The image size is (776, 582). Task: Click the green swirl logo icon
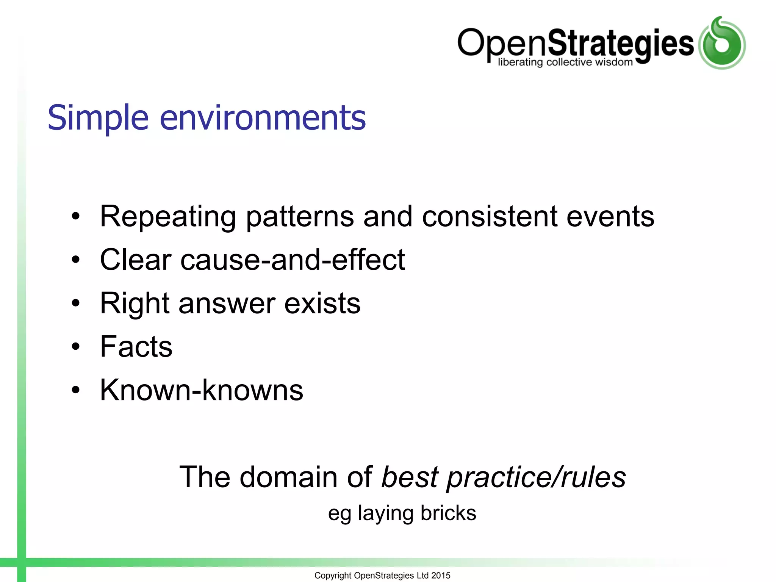pos(722,43)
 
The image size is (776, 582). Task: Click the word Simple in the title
pos(98,118)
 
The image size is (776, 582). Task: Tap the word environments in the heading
pos(263,118)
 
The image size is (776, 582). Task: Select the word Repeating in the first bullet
pos(168,217)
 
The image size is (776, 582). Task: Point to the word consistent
pos(490,217)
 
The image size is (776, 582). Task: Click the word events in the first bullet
pos(610,217)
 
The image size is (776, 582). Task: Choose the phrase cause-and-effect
pos(293,260)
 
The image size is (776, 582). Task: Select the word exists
pos(322,304)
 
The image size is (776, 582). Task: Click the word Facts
pos(136,347)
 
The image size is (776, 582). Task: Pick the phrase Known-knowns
pos(201,390)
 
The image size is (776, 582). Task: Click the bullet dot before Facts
pos(76,347)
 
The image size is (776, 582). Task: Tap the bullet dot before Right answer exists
pos(76,303)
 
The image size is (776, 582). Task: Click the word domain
pos(288,477)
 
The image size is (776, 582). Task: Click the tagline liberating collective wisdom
pos(565,62)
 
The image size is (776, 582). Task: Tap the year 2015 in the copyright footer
pos(441,576)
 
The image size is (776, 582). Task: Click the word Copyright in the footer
pos(333,576)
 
